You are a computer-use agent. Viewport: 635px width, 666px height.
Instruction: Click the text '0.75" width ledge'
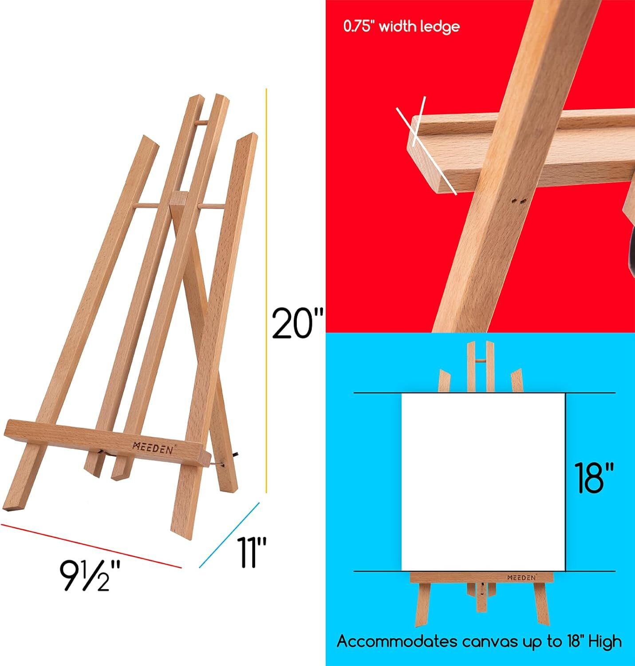tap(401, 27)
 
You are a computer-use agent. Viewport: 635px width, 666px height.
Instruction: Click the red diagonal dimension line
tap(91, 545)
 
